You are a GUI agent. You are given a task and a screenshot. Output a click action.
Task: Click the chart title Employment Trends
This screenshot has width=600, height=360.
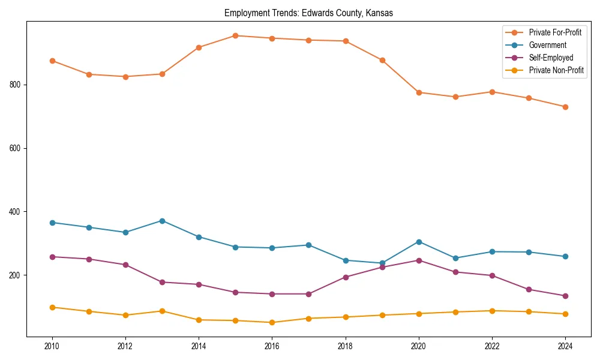(x=308, y=13)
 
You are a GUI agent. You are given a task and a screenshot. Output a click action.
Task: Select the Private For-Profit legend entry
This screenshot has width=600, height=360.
(x=555, y=32)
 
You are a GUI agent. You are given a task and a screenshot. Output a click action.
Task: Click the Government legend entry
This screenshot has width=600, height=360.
(x=547, y=45)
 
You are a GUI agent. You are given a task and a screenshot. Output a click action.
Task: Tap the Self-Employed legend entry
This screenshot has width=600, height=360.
(x=551, y=58)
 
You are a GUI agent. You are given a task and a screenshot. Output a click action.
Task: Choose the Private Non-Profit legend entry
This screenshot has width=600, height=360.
(x=556, y=70)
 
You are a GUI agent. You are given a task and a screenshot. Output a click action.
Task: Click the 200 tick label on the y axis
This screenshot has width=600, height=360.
(x=16, y=275)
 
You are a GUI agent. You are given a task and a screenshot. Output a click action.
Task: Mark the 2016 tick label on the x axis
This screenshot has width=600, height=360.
(x=272, y=346)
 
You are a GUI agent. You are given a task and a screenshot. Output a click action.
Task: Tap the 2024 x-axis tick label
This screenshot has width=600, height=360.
(x=565, y=346)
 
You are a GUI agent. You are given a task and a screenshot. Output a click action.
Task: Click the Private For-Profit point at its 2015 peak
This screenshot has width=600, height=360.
(x=235, y=35)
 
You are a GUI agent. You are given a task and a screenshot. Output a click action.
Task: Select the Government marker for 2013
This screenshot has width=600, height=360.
(x=162, y=221)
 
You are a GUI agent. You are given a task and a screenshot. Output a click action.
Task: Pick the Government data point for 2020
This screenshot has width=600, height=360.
(x=419, y=242)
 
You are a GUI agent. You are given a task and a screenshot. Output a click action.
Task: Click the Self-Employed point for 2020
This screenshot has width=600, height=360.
(x=419, y=260)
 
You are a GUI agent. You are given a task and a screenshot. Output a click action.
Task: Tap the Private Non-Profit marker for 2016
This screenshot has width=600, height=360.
(x=272, y=322)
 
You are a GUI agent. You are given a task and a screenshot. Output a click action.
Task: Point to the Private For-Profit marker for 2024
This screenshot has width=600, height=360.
(x=565, y=107)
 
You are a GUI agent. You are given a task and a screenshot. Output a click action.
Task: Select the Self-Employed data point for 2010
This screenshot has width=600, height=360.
(x=52, y=257)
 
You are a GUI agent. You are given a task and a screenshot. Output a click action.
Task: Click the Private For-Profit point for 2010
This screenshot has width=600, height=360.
(x=52, y=61)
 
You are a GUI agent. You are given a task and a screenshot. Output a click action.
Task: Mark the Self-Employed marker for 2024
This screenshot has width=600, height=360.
(x=565, y=296)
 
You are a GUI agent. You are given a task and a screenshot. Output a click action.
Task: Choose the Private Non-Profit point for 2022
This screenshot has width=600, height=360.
(x=492, y=311)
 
